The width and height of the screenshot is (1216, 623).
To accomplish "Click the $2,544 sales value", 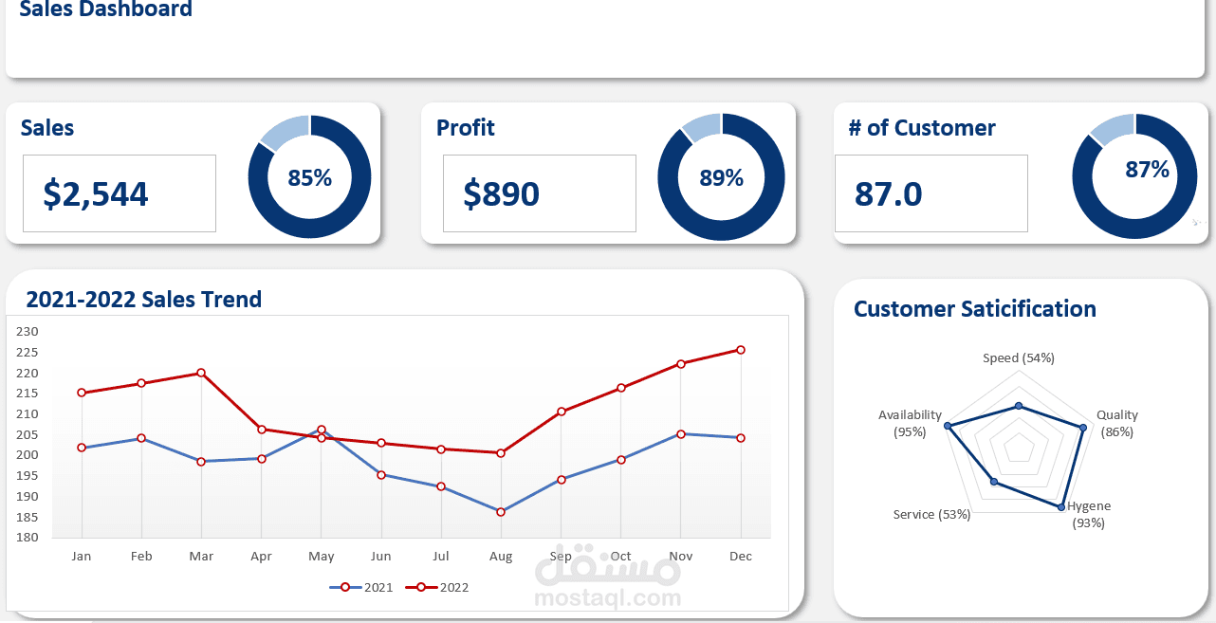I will (96, 193).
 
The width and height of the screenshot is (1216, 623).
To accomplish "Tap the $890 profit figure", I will (502, 193).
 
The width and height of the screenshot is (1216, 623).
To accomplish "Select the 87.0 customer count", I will (889, 193).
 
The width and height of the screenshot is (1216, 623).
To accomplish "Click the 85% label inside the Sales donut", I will (310, 177).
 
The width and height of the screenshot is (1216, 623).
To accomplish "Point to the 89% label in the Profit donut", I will (722, 177).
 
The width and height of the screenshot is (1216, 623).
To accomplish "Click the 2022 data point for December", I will (741, 350).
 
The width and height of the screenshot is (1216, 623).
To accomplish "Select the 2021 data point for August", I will (501, 512).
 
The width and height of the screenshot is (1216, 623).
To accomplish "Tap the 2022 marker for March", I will (201, 373).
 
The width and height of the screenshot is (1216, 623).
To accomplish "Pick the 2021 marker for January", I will (82, 448).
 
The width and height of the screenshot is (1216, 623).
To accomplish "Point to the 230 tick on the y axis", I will (27, 331).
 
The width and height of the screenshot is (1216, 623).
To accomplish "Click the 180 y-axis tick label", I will (27, 538).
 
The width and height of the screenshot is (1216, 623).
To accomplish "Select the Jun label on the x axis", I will (380, 557).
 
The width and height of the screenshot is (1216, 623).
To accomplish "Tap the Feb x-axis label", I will (141, 557).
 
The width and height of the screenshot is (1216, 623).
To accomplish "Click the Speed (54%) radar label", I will (1019, 357).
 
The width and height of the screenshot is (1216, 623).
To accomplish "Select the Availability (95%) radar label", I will (910, 423).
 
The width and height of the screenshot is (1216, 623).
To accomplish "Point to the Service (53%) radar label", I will (931, 514).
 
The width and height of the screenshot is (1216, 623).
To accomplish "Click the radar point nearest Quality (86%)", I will (1082, 427).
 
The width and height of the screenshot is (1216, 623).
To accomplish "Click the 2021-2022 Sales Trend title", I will (144, 300).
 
